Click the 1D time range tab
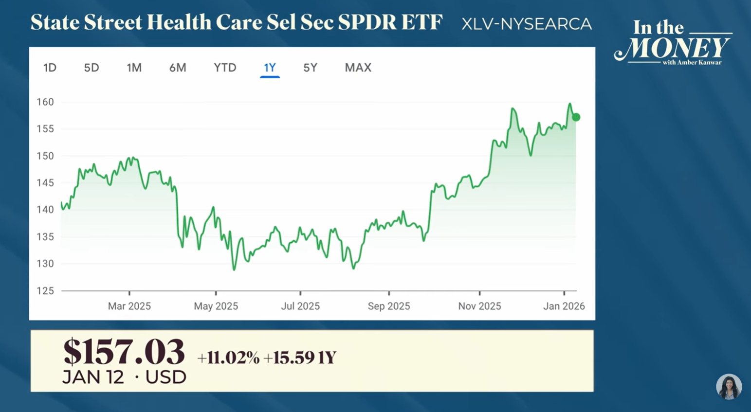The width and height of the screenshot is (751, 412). (x=50, y=68)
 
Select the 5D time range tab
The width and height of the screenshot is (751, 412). (x=92, y=68)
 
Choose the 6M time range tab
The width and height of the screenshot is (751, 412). (x=178, y=68)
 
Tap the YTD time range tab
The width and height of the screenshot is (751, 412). (x=225, y=68)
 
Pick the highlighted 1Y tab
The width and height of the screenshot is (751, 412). (x=270, y=68)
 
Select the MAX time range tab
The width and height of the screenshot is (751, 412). (x=358, y=68)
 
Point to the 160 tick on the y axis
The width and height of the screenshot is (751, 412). (x=45, y=102)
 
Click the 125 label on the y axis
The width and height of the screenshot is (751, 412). (x=45, y=291)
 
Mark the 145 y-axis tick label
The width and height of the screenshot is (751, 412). (x=45, y=183)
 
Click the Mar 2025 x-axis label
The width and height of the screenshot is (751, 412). (x=129, y=306)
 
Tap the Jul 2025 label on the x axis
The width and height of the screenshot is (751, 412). (x=300, y=306)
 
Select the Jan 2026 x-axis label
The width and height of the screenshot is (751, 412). (x=564, y=306)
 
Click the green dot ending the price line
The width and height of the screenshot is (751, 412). (x=576, y=117)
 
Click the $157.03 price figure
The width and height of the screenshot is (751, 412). (x=124, y=352)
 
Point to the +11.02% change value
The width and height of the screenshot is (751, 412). (x=228, y=358)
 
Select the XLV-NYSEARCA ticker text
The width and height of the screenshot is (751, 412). (x=526, y=24)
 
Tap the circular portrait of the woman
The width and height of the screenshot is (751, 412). (x=729, y=387)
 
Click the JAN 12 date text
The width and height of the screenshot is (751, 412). (x=93, y=377)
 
